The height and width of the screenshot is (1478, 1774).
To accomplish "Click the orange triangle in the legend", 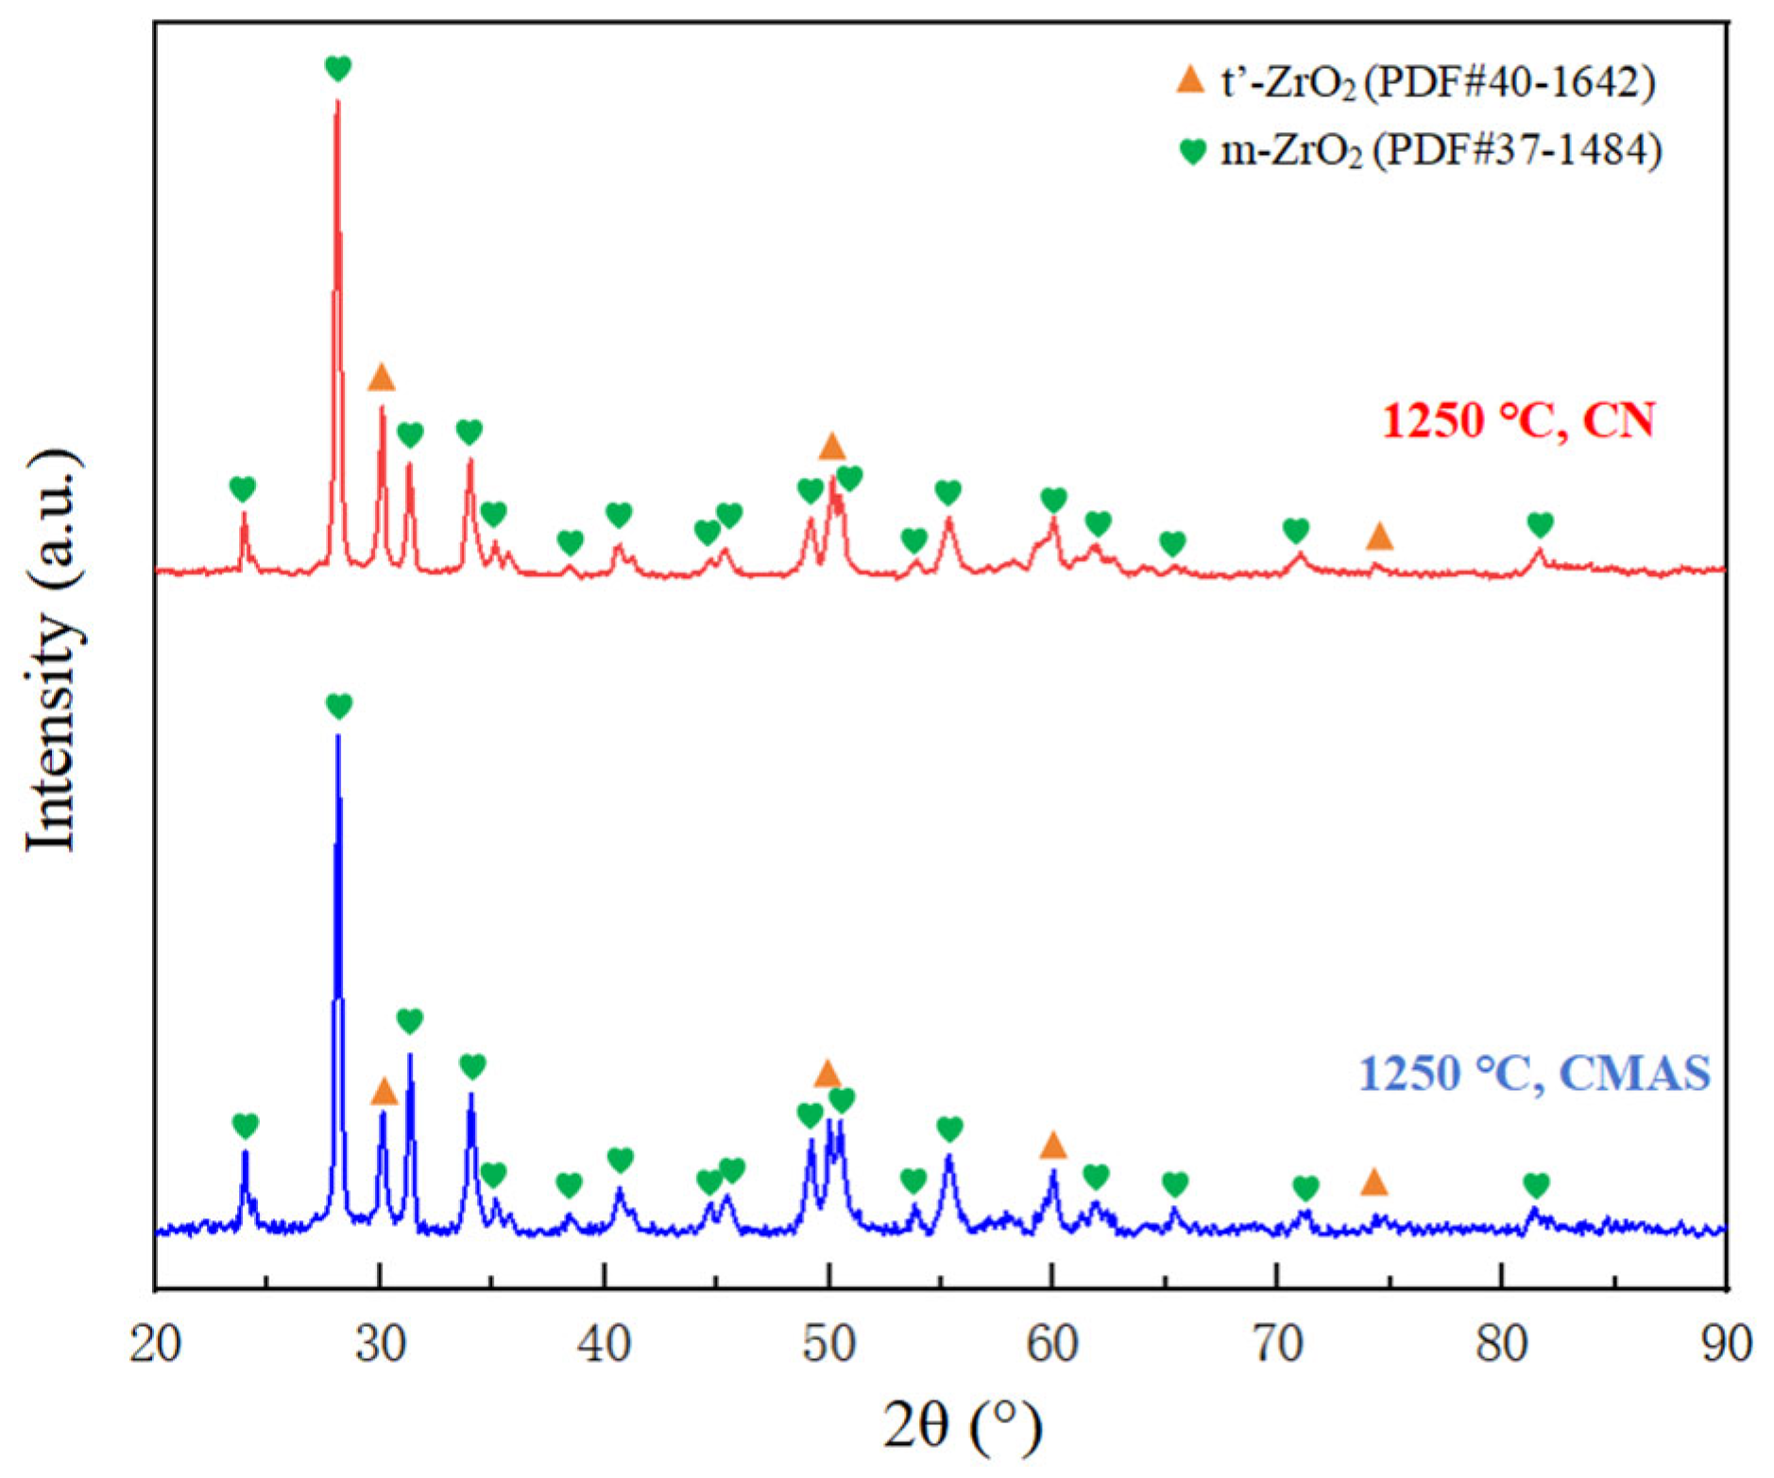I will click(x=1190, y=81).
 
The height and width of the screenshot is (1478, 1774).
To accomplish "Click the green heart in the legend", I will click(x=1193, y=151).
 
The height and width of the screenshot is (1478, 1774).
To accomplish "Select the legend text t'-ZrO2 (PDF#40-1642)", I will click(x=1438, y=83).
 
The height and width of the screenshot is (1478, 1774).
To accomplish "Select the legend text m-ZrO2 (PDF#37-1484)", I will click(x=1440, y=151).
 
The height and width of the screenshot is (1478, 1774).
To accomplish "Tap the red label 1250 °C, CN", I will click(x=1518, y=421).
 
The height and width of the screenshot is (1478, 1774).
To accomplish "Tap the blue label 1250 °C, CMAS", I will click(x=1534, y=1074).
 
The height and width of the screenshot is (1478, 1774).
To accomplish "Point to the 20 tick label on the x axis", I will click(x=155, y=1343).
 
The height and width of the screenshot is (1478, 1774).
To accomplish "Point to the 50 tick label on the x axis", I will click(x=828, y=1343).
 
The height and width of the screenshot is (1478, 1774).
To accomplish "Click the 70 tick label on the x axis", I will click(x=1277, y=1343).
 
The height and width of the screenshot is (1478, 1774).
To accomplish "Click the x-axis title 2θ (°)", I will click(x=963, y=1424).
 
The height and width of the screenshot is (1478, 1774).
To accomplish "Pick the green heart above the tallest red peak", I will click(x=338, y=68).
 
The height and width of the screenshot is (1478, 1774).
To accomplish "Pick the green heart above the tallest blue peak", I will click(x=338, y=705).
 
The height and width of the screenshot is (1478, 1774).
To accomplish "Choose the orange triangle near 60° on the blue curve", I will click(x=1053, y=1147).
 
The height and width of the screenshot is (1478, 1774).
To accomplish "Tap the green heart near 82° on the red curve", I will click(x=1540, y=524).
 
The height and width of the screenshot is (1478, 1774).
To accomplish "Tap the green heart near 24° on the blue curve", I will click(x=245, y=1125).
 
